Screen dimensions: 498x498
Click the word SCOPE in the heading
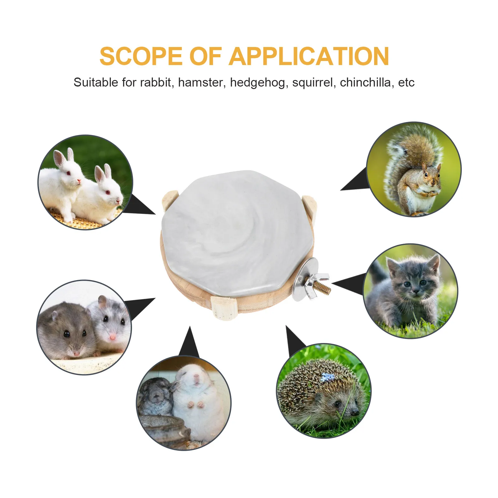141,56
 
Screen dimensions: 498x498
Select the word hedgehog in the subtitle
257,82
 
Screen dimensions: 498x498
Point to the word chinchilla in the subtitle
365,82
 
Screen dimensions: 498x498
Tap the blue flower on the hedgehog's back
327,377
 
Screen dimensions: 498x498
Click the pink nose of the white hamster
112,337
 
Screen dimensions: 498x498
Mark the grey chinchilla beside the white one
156,395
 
